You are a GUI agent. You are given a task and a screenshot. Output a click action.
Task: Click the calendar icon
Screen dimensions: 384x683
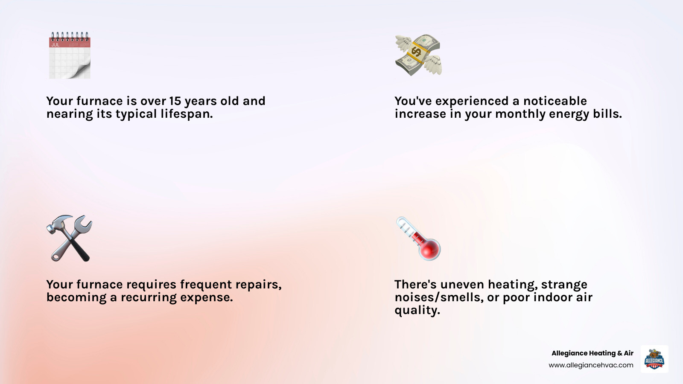tap(70, 55)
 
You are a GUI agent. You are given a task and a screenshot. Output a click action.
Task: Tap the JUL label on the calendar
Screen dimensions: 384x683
tap(55, 44)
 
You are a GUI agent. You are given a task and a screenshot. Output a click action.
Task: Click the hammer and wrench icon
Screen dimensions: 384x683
tap(69, 238)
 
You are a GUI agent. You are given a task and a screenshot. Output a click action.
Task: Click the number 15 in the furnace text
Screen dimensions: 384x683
tap(175, 101)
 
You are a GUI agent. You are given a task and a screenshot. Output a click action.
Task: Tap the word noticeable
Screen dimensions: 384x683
tap(555, 101)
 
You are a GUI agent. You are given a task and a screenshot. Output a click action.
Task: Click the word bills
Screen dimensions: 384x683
tap(607, 114)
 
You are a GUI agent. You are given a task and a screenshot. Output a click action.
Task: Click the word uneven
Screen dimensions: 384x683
tap(462, 285)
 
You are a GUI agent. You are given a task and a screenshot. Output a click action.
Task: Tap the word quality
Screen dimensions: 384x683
tap(417, 310)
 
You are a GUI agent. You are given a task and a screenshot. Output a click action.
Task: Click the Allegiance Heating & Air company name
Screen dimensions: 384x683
tap(592, 353)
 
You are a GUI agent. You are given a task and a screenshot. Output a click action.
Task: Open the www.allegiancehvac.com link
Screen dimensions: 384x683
tap(591, 365)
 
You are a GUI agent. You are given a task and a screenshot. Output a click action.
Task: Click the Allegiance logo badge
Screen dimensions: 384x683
tap(654, 359)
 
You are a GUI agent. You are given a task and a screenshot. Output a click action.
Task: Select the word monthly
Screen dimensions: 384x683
tap(520, 114)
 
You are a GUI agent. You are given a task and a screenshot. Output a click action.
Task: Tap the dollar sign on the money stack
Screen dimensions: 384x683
tap(416, 52)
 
